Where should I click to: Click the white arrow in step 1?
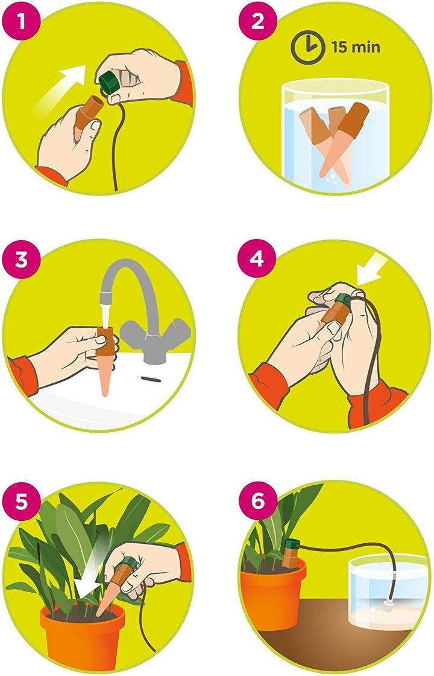63,84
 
